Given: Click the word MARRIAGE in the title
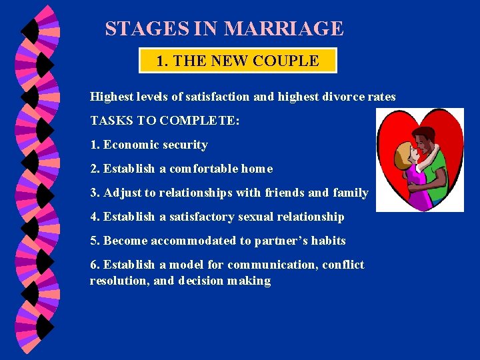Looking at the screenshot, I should (x=284, y=29).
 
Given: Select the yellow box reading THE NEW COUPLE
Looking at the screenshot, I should (x=238, y=61).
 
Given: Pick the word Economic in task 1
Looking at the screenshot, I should (x=127, y=145).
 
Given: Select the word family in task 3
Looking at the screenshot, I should (x=351, y=193).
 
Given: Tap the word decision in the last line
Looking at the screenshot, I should (x=200, y=281).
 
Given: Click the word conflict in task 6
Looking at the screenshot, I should (x=343, y=265).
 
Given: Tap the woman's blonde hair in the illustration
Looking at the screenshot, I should (x=402, y=156).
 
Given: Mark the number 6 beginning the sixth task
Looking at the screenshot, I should (x=94, y=265).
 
